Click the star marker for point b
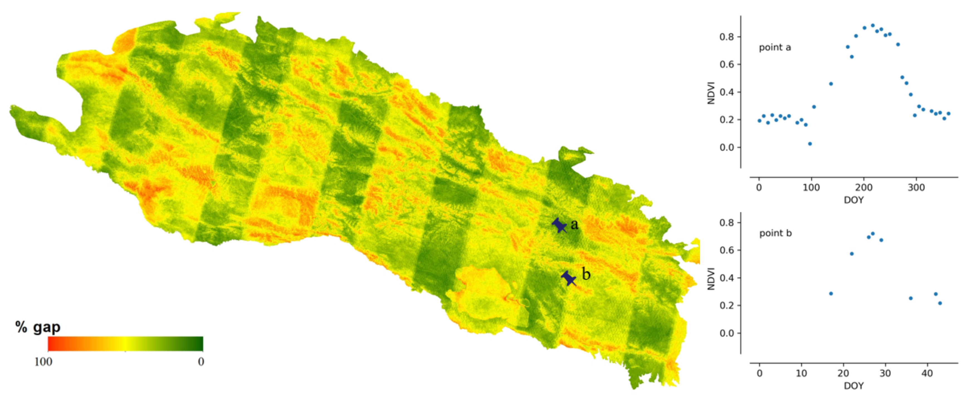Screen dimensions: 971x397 pos(569,279)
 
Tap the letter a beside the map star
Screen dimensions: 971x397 pos(574,224)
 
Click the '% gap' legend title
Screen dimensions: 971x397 pos(38,327)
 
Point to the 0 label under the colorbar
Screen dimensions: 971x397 pos(201,362)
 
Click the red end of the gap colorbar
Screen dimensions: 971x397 pos(51,344)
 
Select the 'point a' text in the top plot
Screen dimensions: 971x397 pos(775,48)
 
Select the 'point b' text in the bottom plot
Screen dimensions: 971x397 pos(775,233)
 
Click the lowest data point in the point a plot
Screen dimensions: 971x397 pos(810,144)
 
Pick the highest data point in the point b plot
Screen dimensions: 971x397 pos(873,234)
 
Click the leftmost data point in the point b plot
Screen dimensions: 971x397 pos(831,293)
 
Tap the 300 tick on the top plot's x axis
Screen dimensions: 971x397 pos(916,187)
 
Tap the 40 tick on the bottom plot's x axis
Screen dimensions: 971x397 pos(927,373)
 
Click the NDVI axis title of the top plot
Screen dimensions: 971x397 pos(711,93)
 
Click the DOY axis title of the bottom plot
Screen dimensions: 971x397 pos(853,386)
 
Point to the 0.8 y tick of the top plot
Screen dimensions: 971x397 pos(726,37)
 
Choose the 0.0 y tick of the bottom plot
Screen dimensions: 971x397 pos(726,333)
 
